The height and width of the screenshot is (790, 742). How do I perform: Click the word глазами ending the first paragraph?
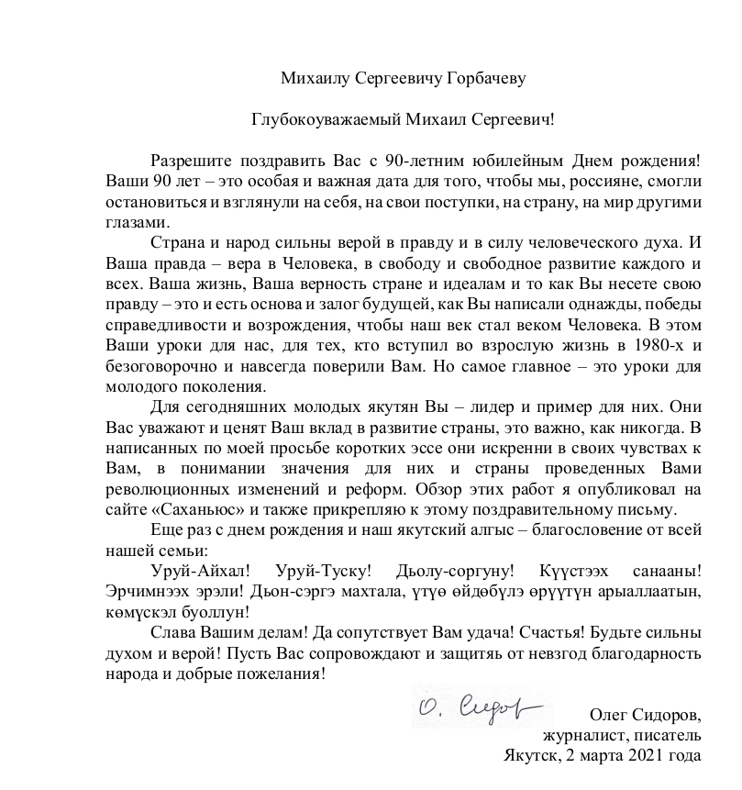(x=138, y=221)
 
